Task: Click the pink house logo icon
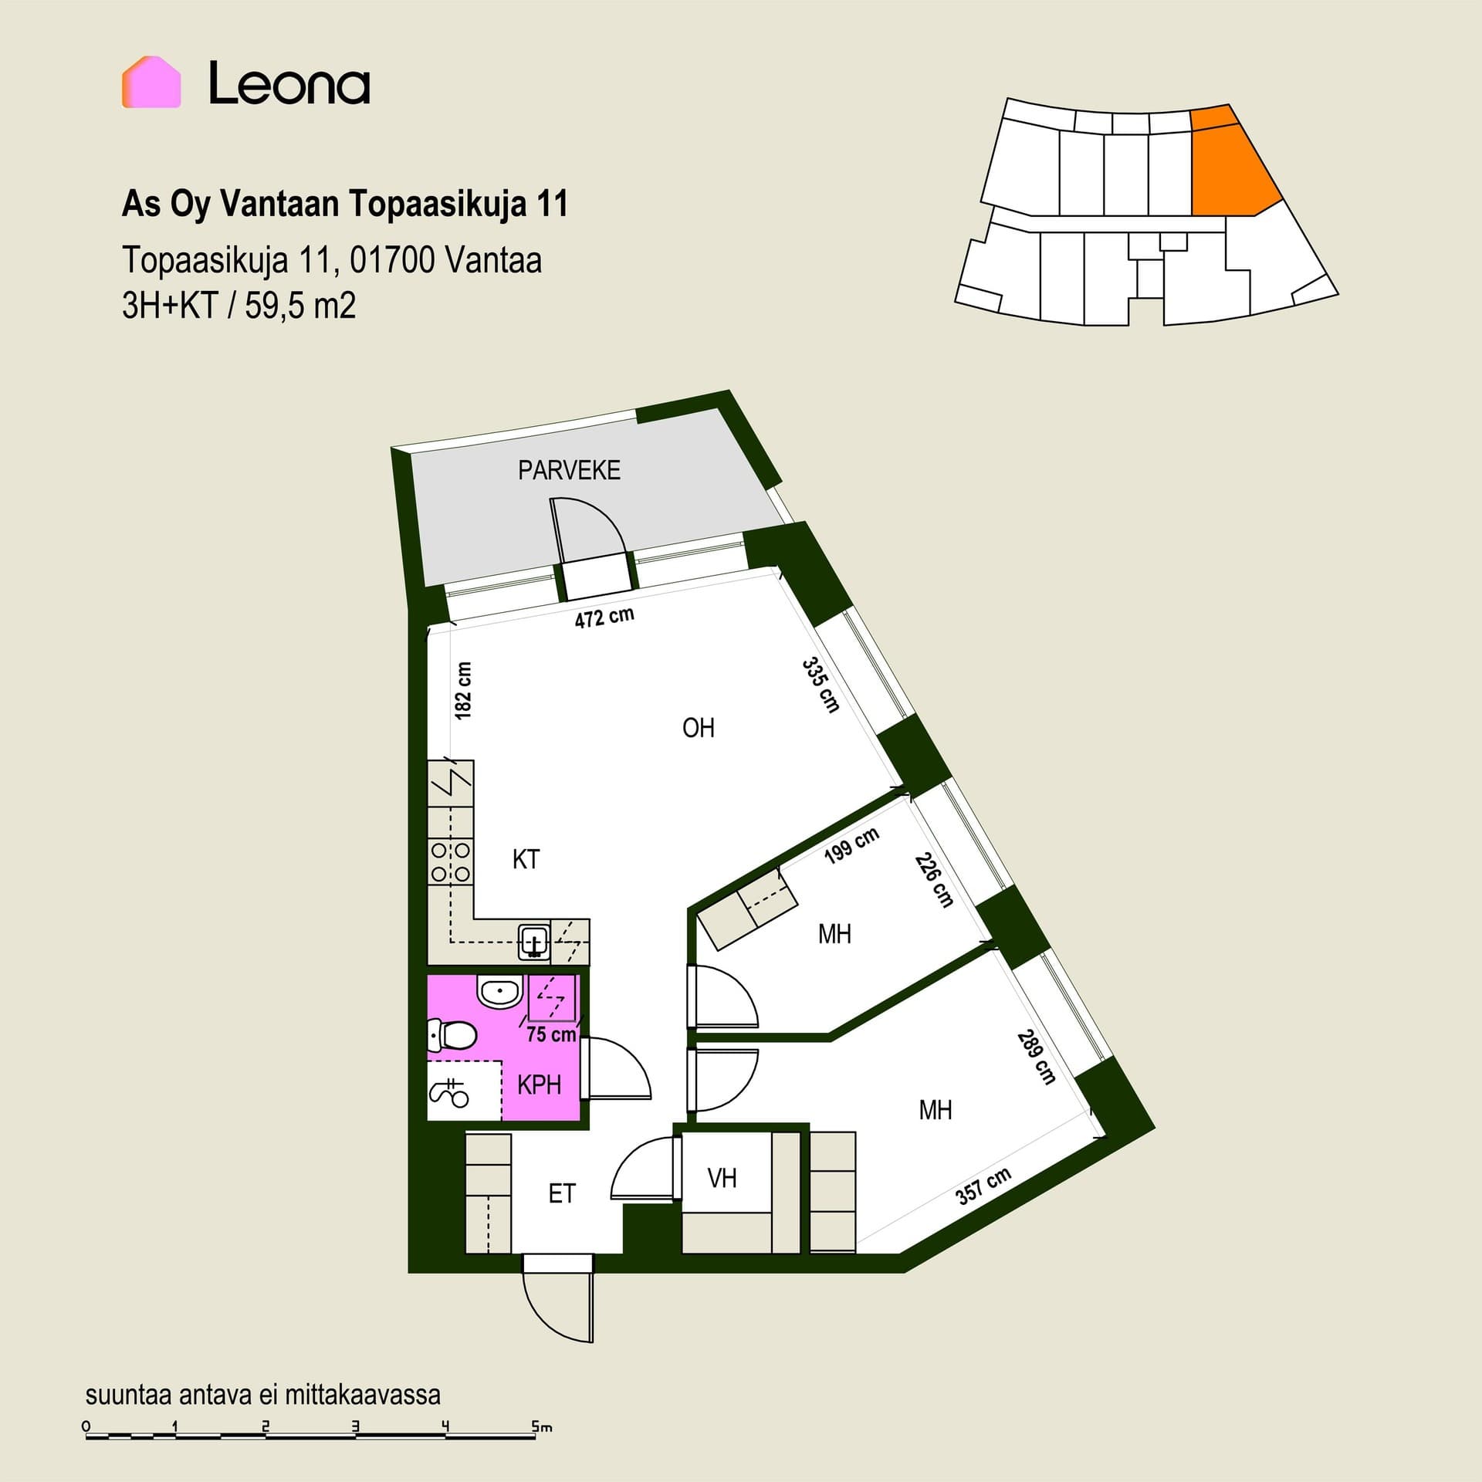point(151,82)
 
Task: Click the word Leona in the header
point(289,83)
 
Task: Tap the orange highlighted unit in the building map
point(1231,161)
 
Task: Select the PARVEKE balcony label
point(569,470)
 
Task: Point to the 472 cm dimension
point(604,617)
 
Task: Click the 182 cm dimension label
point(463,691)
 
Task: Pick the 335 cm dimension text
point(821,685)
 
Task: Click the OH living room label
point(699,728)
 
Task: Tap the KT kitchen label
point(526,859)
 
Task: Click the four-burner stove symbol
point(451,862)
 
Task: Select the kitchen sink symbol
point(534,941)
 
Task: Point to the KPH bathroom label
point(539,1085)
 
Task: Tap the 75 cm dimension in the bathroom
point(551,1034)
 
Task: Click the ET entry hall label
point(562,1194)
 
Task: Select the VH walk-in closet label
point(722,1178)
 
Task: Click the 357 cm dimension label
point(983,1186)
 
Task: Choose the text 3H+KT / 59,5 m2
point(239,306)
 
